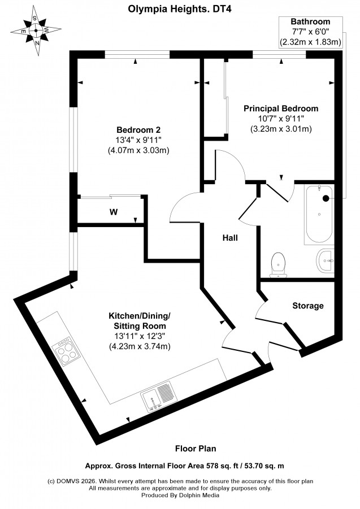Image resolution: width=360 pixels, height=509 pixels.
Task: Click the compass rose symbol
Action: [36, 31]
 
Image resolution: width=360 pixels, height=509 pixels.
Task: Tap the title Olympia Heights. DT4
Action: [180, 9]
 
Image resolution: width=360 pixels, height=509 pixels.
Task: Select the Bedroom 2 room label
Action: [138, 130]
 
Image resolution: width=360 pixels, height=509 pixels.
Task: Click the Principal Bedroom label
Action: [281, 108]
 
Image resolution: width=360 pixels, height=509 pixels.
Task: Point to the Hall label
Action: [230, 238]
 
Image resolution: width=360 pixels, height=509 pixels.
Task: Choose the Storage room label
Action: [308, 306]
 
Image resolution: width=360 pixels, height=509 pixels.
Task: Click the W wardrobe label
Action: [113, 212]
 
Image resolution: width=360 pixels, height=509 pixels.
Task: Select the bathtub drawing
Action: [319, 214]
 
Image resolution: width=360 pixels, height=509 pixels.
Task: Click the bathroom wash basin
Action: [325, 260]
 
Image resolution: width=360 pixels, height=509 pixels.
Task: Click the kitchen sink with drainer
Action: [157, 397]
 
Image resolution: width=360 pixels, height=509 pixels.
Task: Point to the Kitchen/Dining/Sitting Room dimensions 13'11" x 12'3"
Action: [139, 336]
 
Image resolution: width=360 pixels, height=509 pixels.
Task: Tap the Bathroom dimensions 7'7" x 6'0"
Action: [310, 32]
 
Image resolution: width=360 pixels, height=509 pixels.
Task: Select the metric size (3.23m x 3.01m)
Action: [281, 129]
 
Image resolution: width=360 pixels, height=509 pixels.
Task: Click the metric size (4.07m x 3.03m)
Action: [138, 150]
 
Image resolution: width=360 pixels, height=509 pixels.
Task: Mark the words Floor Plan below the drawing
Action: [196, 449]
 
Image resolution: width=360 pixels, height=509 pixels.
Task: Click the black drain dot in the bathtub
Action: [326, 198]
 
